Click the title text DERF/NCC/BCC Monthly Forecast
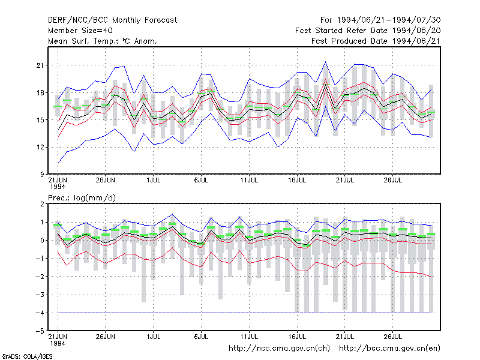(112, 20)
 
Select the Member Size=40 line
(80, 31)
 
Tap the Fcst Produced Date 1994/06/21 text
(376, 41)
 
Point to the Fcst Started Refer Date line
(368, 31)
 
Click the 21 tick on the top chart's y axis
(40, 65)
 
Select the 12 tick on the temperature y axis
(40, 147)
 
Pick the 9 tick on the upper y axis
(42, 175)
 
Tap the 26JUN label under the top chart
(106, 180)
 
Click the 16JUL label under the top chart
(297, 180)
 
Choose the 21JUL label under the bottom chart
(345, 337)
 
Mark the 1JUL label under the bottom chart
(154, 337)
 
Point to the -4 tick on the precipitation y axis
(40, 313)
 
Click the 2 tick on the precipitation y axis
(42, 204)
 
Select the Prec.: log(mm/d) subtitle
(82, 198)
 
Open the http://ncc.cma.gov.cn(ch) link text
(279, 349)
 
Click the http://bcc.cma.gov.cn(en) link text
(389, 349)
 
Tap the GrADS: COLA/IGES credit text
(28, 356)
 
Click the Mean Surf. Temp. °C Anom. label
(103, 41)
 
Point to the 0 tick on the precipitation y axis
(42, 241)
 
